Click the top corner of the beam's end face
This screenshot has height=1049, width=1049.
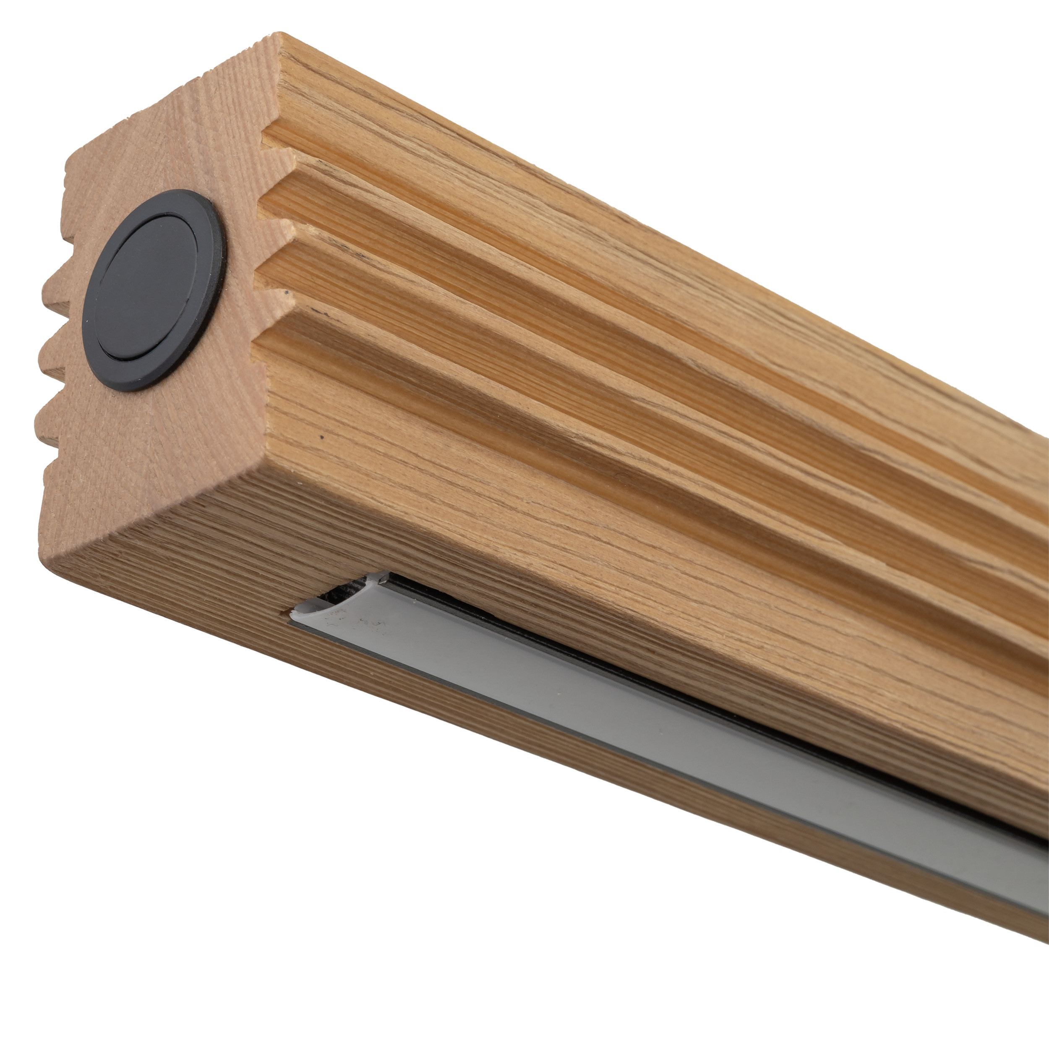point(277,36)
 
